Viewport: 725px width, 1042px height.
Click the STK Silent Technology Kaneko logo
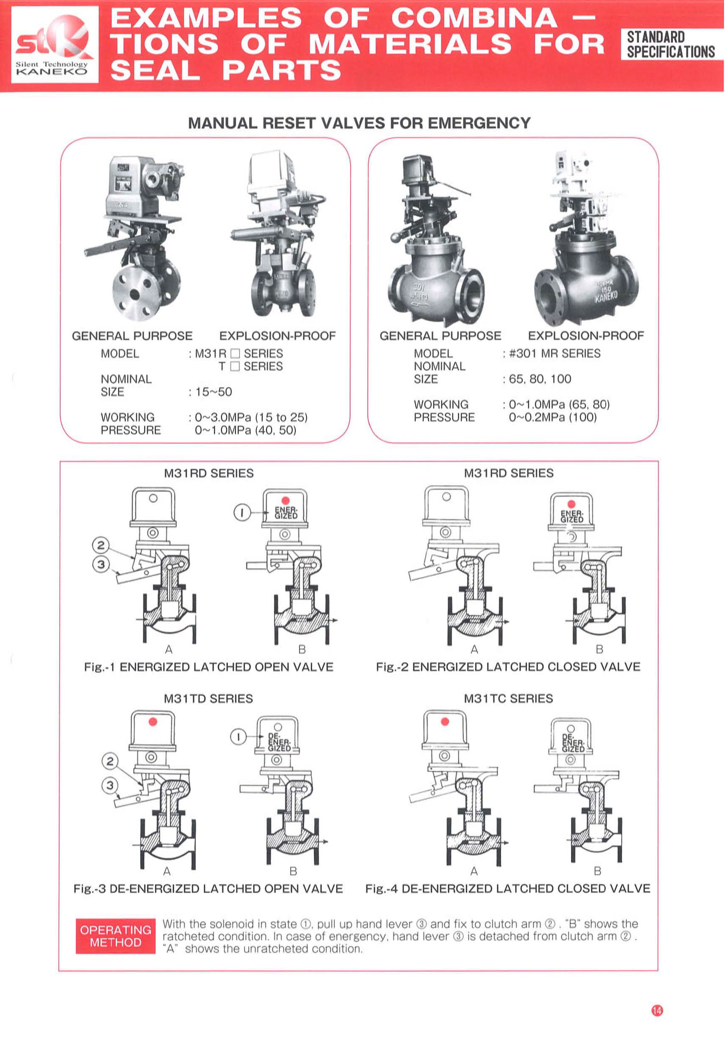54,45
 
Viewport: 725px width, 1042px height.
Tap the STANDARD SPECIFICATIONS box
671,44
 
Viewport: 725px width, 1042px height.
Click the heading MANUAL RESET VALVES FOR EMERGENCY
359,123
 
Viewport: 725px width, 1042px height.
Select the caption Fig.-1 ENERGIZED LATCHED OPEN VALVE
209,667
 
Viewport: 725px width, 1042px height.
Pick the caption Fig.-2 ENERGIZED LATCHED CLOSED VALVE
508,667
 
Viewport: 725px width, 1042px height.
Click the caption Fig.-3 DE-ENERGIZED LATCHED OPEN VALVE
208,888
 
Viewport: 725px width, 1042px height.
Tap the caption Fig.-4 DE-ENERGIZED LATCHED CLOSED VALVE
508,888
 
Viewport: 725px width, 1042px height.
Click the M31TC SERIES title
508,698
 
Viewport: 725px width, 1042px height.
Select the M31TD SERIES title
208,698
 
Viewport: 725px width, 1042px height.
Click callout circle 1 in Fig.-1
242,513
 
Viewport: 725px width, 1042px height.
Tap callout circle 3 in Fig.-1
101,564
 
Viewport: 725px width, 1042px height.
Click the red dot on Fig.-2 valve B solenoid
571,504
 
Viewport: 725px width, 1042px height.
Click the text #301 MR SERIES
554,353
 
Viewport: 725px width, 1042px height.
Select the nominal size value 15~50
213,392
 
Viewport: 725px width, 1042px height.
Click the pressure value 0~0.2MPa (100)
552,417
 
